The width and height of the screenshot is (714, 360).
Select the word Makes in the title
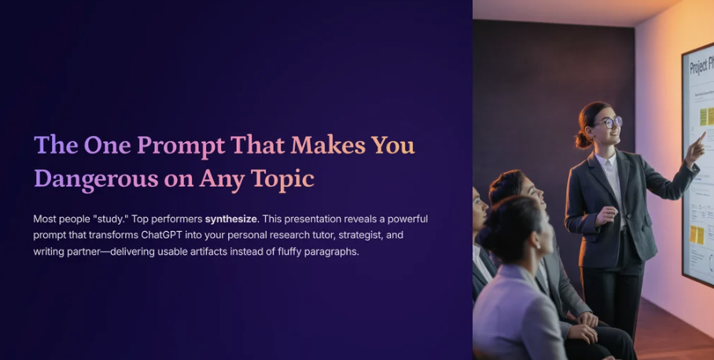pos(328,145)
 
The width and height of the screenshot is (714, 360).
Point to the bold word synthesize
pos(231,219)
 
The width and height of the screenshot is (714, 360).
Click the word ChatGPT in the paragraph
pos(162,235)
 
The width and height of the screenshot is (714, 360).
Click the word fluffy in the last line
pos(289,252)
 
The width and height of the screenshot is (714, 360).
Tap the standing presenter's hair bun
pos(583,140)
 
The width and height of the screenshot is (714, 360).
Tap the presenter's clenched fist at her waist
pos(606,215)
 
